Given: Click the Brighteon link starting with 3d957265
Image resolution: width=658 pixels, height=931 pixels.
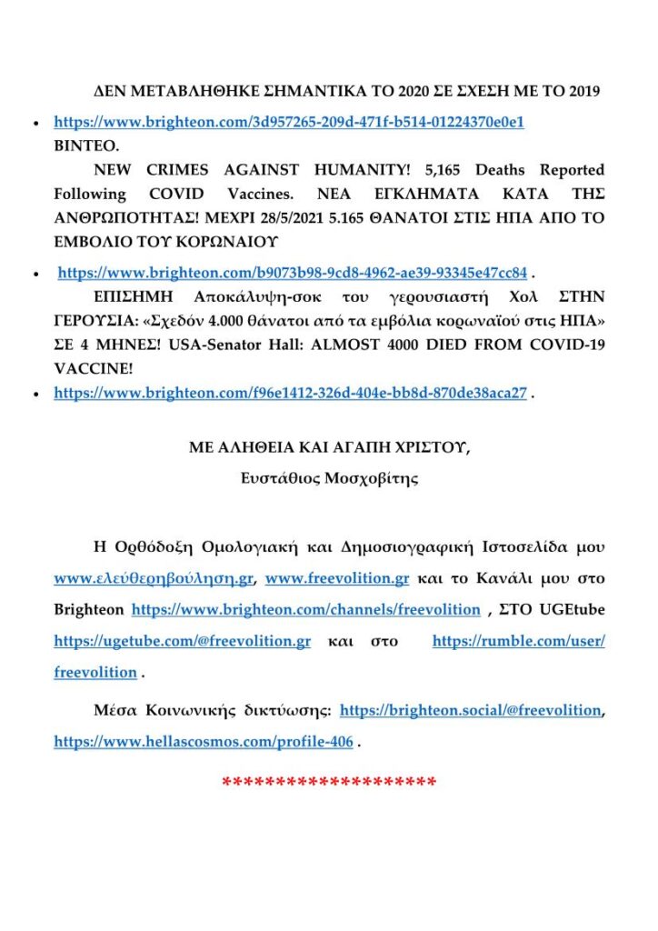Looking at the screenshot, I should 289,121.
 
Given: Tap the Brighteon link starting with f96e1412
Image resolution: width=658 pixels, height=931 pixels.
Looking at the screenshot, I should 290,393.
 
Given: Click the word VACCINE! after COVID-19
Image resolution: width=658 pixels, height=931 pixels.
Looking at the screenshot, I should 91,370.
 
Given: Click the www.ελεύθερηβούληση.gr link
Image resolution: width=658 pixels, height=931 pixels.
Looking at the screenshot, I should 155,578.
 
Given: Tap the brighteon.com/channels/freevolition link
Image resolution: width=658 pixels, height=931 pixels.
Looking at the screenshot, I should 306,609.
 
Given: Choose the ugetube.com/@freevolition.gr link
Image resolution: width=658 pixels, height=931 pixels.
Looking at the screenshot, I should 182,641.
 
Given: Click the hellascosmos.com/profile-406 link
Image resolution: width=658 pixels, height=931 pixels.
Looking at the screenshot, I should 204,742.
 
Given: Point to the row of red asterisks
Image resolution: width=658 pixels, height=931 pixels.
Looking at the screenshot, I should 329,782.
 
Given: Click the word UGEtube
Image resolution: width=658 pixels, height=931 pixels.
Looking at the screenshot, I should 573,609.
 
